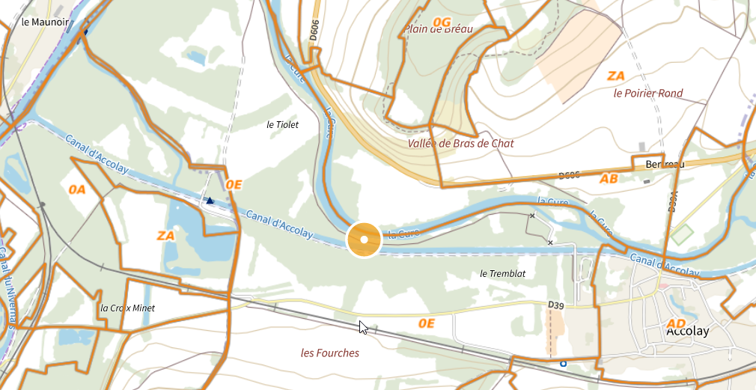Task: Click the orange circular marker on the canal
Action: [364, 240]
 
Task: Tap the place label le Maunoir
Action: [45, 22]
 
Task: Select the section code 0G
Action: [442, 22]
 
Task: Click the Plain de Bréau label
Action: [439, 29]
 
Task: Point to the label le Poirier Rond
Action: [647, 94]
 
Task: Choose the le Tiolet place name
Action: [282, 125]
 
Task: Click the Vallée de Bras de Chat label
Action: [460, 143]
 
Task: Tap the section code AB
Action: [609, 179]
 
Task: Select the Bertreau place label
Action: [654, 164]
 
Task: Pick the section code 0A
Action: [77, 189]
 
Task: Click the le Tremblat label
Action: [502, 274]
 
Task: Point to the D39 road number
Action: [555, 305]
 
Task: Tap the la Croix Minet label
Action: [127, 308]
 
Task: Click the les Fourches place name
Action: [329, 353]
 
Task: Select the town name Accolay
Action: [687, 330]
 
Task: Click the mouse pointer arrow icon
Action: [363, 327]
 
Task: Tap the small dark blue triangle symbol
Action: [210, 201]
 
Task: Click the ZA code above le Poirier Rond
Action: [615, 76]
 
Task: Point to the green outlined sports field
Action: [682, 234]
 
